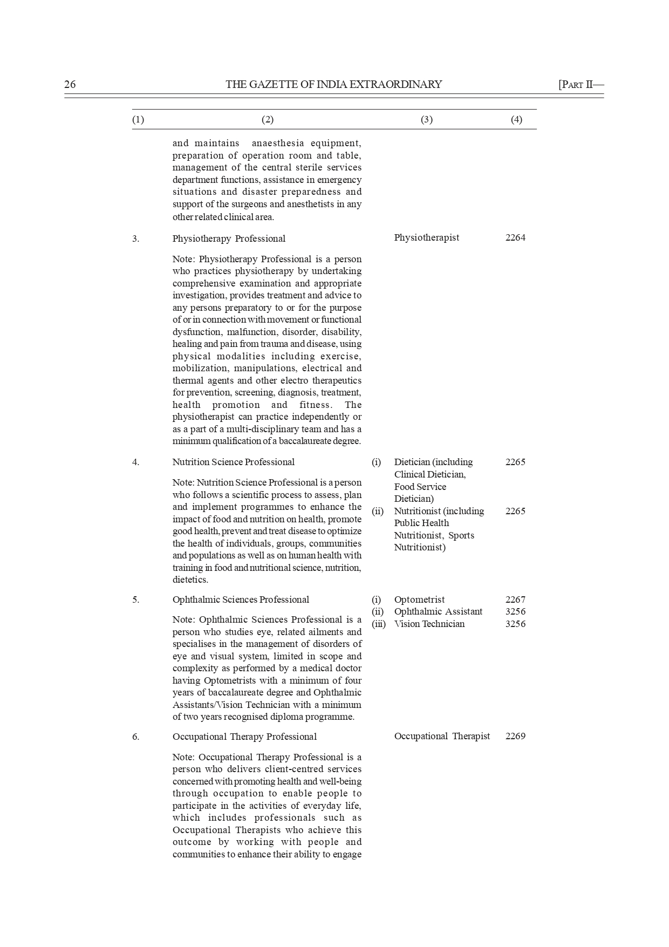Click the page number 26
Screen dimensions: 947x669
[70, 84]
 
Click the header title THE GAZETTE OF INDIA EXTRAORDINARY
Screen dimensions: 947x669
[333, 84]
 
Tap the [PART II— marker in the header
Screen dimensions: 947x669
[581, 84]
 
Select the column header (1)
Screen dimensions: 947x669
[138, 120]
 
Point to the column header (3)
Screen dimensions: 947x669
[426, 120]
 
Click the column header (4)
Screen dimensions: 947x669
[516, 120]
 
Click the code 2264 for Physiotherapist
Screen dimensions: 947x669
[515, 237]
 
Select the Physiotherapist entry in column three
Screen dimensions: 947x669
[426, 237]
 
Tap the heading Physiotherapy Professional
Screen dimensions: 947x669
[229, 239]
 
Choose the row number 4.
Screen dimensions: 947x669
[135, 462]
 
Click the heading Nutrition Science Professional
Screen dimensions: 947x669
[233, 462]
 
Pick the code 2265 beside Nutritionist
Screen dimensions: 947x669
[515, 511]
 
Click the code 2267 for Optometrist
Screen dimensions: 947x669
[515, 599]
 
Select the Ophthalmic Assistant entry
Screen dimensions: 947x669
[438, 611]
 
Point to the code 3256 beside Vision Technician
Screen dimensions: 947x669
[515, 624]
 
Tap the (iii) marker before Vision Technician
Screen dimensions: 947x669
[379, 624]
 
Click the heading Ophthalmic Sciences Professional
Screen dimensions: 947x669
[241, 599]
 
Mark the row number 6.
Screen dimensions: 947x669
[135, 737]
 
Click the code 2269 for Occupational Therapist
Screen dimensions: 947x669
[515, 736]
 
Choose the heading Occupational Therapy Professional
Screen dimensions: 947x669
[244, 737]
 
